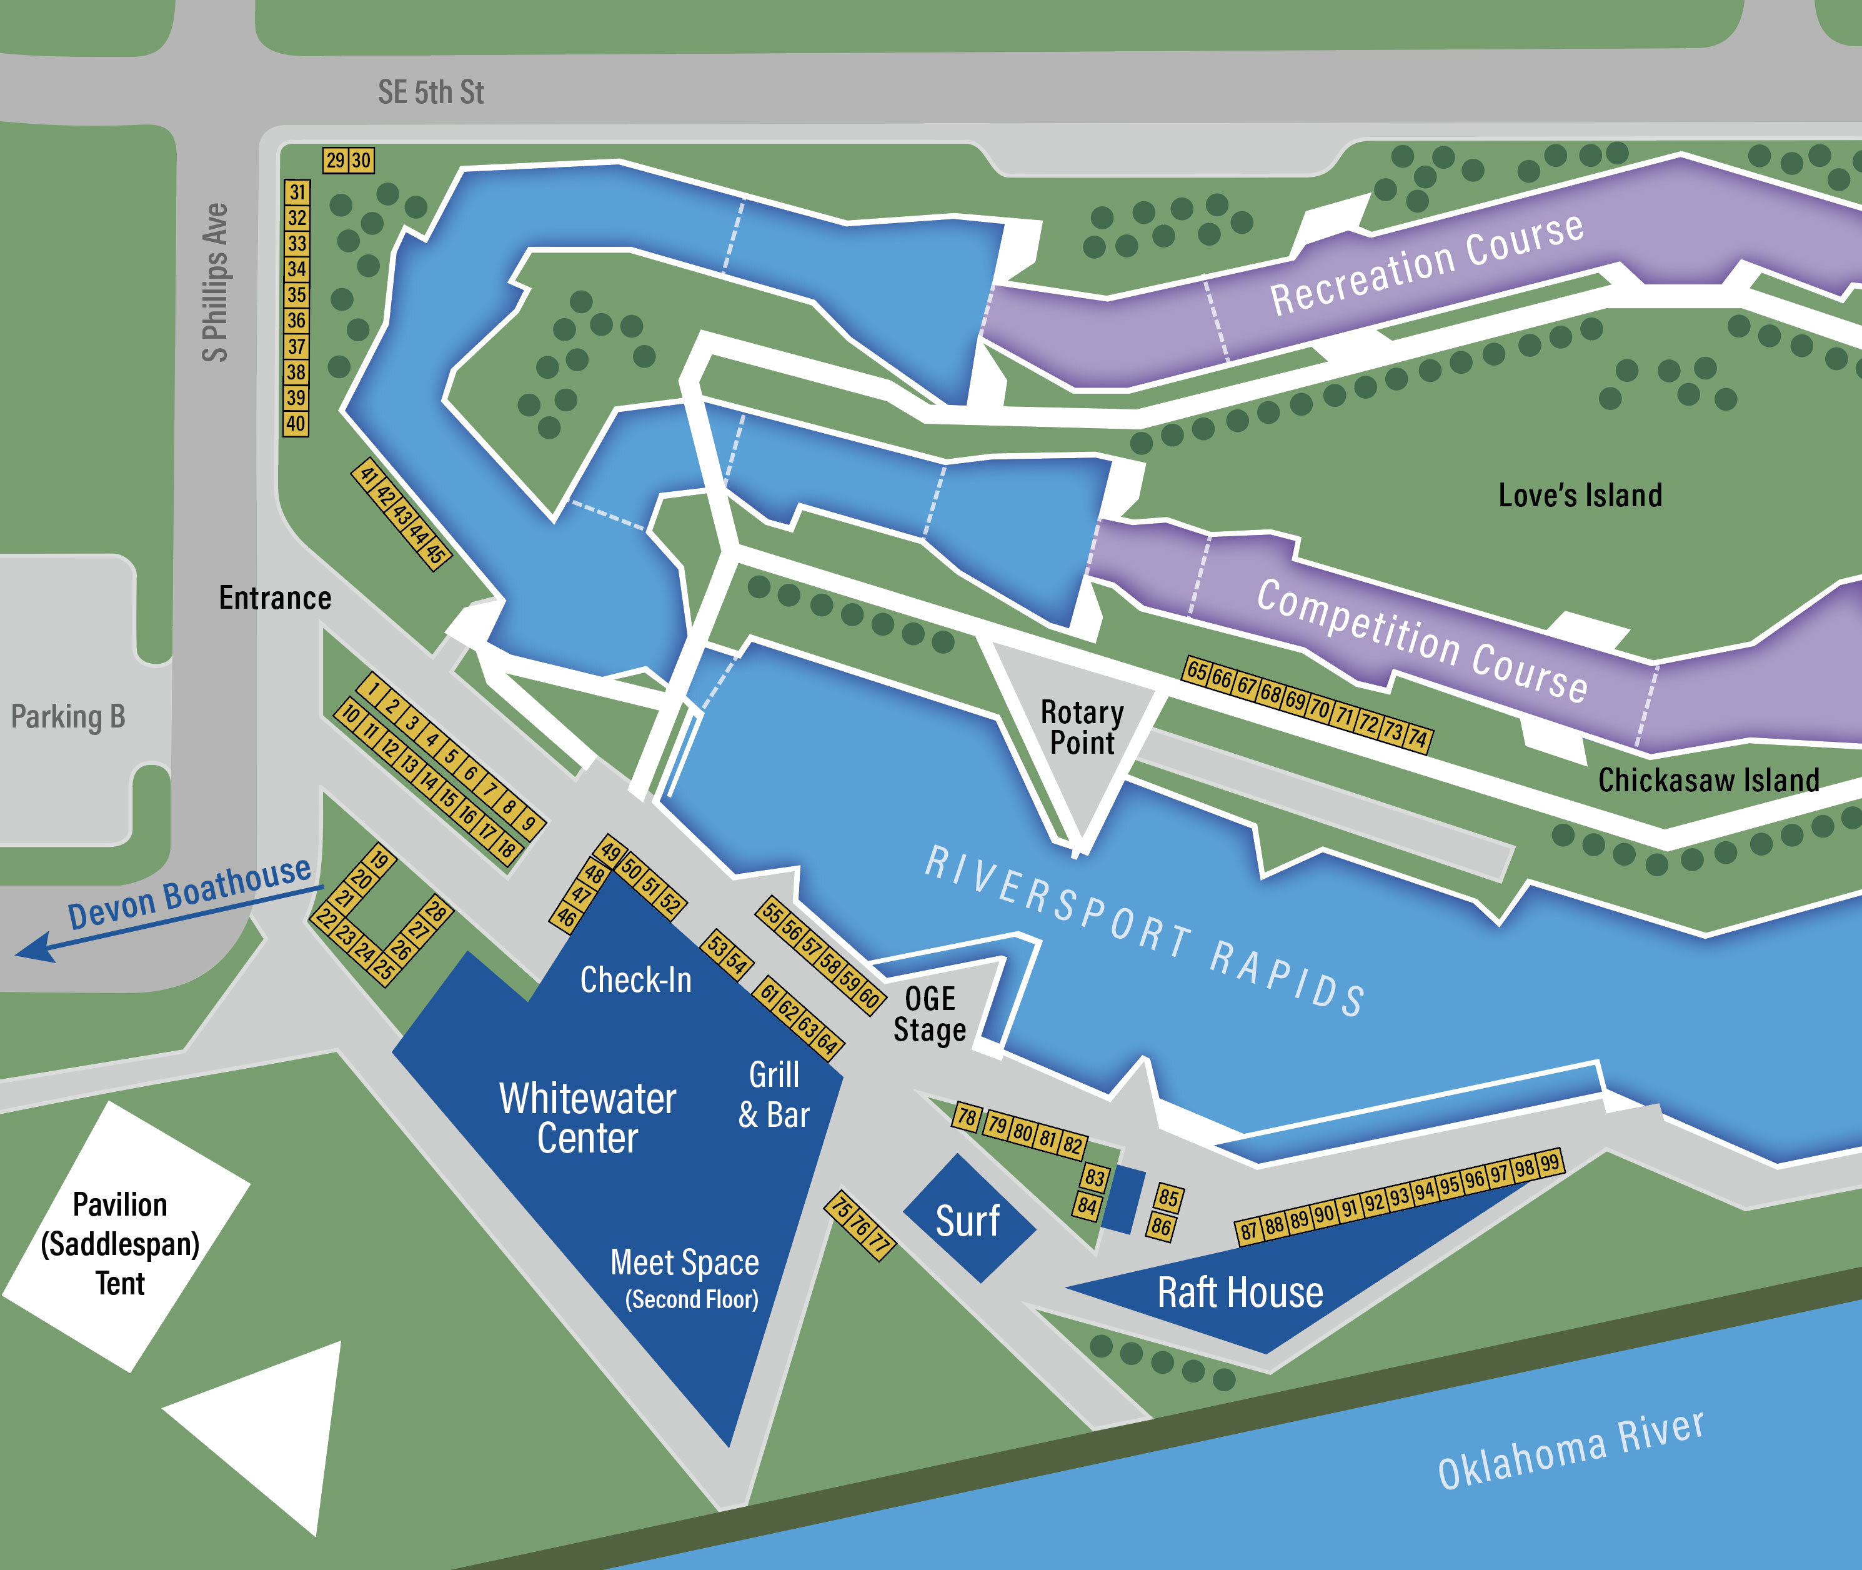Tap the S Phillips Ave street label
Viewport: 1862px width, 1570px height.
click(216, 283)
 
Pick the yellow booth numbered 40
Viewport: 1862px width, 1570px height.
click(296, 424)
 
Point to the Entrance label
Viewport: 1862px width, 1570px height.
click(275, 598)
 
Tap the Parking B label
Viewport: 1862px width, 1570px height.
click(67, 716)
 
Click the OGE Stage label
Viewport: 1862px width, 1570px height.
click(930, 1014)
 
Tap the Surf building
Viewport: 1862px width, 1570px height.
click(969, 1220)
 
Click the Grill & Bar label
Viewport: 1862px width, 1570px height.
click(774, 1095)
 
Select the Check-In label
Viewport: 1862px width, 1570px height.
click(635, 980)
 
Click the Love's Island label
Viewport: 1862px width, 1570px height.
click(1580, 496)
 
